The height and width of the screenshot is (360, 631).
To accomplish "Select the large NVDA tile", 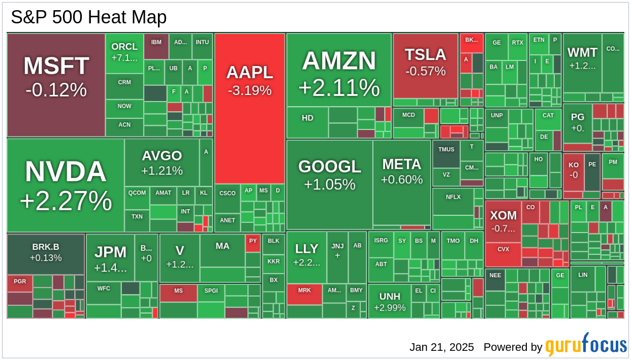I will click(66, 185).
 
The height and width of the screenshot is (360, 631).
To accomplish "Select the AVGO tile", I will click(162, 162).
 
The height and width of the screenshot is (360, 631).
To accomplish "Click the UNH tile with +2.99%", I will click(390, 302).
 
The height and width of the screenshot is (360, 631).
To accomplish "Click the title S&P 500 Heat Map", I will click(89, 17).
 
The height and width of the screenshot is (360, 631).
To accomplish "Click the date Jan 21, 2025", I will click(441, 347).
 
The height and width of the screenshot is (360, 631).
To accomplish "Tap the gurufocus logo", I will click(586, 345).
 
